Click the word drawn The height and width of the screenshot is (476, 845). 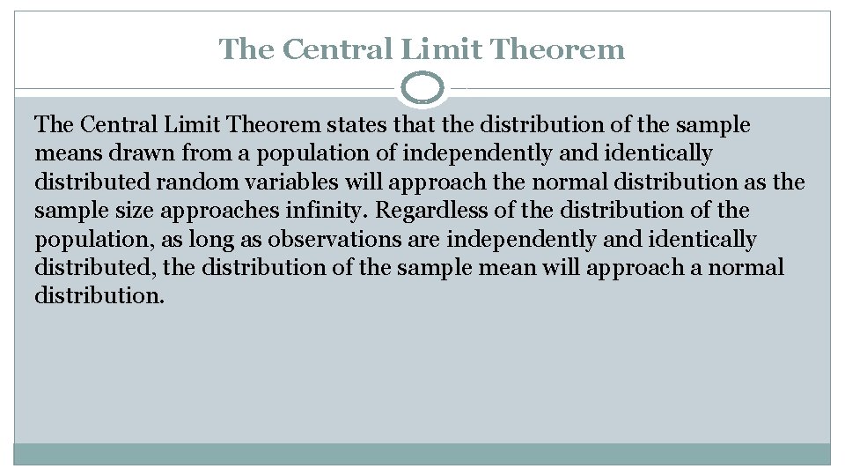pos(129,153)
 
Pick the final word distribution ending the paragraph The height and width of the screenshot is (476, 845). pos(99,296)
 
